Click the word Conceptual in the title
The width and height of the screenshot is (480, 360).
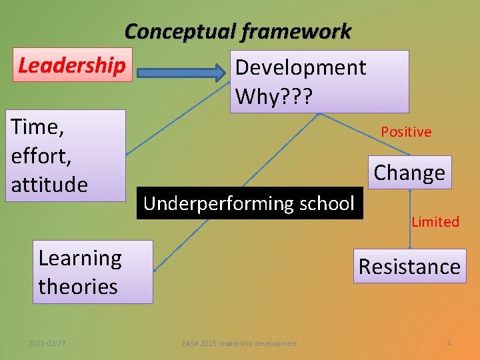coord(180,31)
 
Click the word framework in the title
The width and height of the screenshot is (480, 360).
coord(297,31)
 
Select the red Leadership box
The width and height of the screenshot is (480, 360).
coord(71,65)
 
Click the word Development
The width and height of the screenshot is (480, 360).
coord(301,67)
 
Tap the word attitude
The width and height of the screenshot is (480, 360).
coord(49,184)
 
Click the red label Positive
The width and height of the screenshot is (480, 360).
coord(406,132)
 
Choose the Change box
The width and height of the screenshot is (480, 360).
coord(409,173)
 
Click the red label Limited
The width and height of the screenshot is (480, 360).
coord(435,222)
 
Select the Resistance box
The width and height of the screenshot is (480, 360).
coord(409,267)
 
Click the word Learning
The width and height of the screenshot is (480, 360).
coord(80,258)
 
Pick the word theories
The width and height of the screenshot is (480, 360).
coord(78,287)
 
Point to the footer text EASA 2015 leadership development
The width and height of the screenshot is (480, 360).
coord(240,343)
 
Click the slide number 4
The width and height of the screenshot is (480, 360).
coord(449,343)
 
